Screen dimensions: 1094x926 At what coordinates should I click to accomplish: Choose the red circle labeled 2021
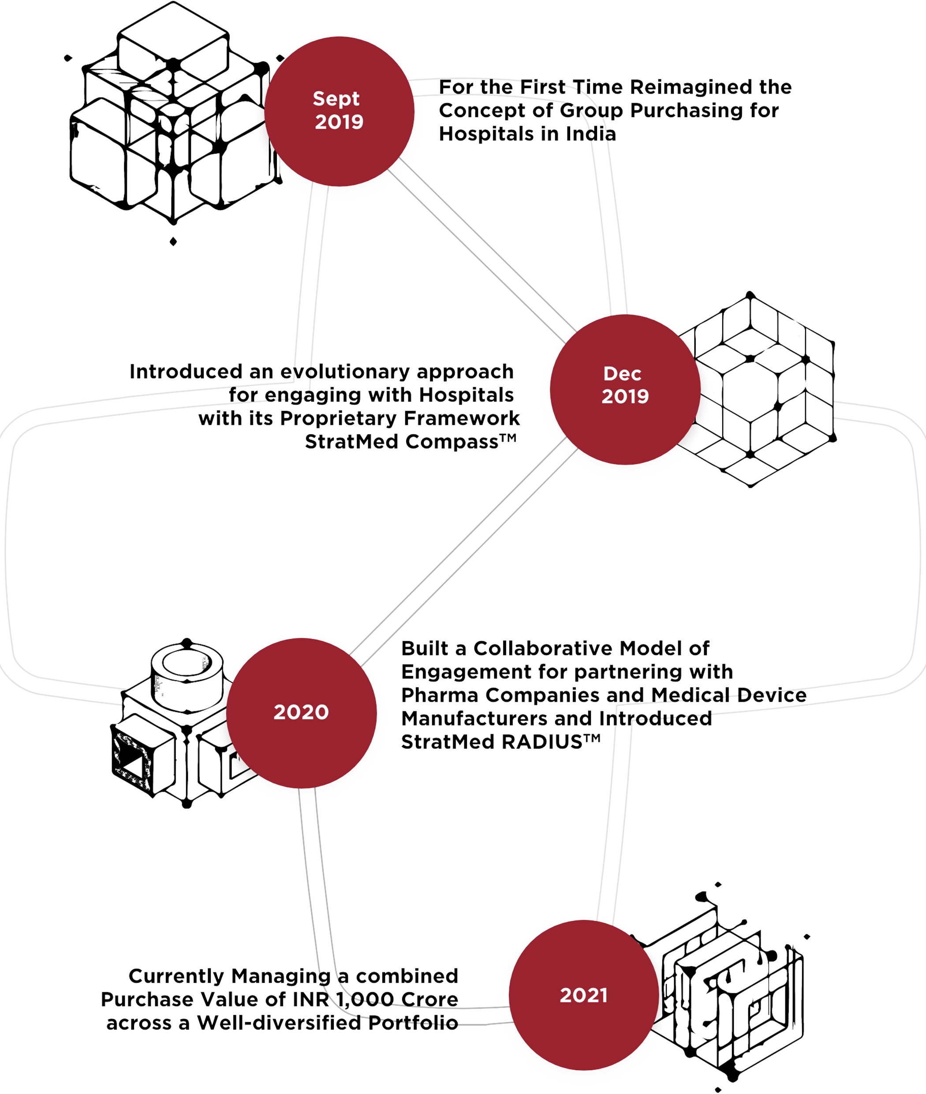[x=584, y=995]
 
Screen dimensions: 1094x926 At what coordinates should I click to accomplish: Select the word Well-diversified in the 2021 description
[x=279, y=1023]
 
